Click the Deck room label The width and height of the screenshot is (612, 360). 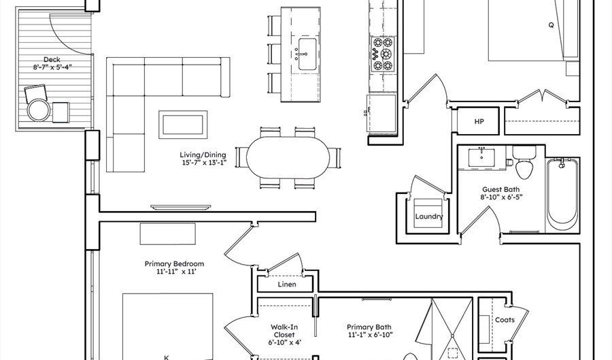pos(52,59)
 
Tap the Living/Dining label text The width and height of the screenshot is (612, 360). pos(203,154)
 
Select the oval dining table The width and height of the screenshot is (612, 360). pos(288,157)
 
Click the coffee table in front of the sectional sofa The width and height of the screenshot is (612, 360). pos(183,125)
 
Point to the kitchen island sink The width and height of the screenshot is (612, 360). pos(307,54)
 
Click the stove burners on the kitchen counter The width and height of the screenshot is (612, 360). pos(382,54)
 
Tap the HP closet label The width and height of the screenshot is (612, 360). pos(479,121)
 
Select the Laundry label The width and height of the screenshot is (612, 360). pos(429,216)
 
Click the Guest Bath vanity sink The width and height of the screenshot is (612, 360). pos(481,157)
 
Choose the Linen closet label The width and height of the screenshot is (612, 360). pos(287,284)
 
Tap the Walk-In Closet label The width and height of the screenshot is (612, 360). pos(284,331)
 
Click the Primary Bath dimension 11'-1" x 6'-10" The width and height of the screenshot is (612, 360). pos(370,335)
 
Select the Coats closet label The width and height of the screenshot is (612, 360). pos(505,320)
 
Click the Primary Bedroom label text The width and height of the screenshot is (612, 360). pos(174,263)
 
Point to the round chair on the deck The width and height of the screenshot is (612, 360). pos(38,110)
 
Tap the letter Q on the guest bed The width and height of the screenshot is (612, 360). pos(551,25)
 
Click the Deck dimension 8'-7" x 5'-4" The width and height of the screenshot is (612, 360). pos(52,67)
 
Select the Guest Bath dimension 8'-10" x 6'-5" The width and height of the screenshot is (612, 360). pos(501,197)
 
